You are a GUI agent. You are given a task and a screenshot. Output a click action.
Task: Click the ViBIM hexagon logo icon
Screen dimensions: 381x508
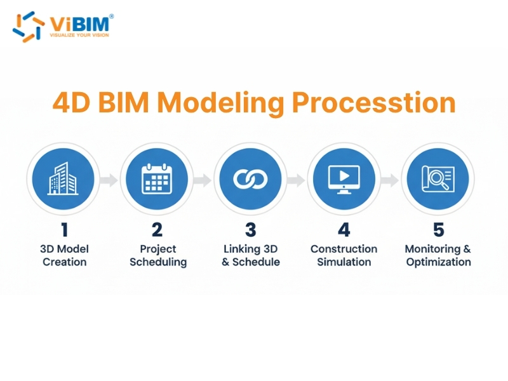click(x=28, y=25)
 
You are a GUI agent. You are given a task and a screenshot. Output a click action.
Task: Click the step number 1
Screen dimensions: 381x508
click(x=63, y=229)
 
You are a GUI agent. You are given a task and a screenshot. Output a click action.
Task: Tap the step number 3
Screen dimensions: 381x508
click(x=251, y=229)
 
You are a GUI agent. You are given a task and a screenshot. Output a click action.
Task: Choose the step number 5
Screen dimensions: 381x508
click(x=438, y=229)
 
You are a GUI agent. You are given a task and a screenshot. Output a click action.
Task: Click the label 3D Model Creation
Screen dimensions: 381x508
click(x=64, y=255)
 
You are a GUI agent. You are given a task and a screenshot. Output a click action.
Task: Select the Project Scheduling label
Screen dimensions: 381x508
click(x=157, y=255)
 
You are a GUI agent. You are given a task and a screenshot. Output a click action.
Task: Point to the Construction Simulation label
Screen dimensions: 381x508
click(x=344, y=255)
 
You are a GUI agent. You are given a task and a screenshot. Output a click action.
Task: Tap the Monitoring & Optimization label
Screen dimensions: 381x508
click(x=438, y=255)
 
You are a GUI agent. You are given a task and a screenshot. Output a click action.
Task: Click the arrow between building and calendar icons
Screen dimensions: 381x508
click(x=109, y=180)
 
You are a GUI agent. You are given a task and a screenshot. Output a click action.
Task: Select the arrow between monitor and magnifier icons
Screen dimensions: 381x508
click(x=390, y=180)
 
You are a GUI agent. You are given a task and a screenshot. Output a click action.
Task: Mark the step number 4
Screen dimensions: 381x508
click(x=344, y=229)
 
